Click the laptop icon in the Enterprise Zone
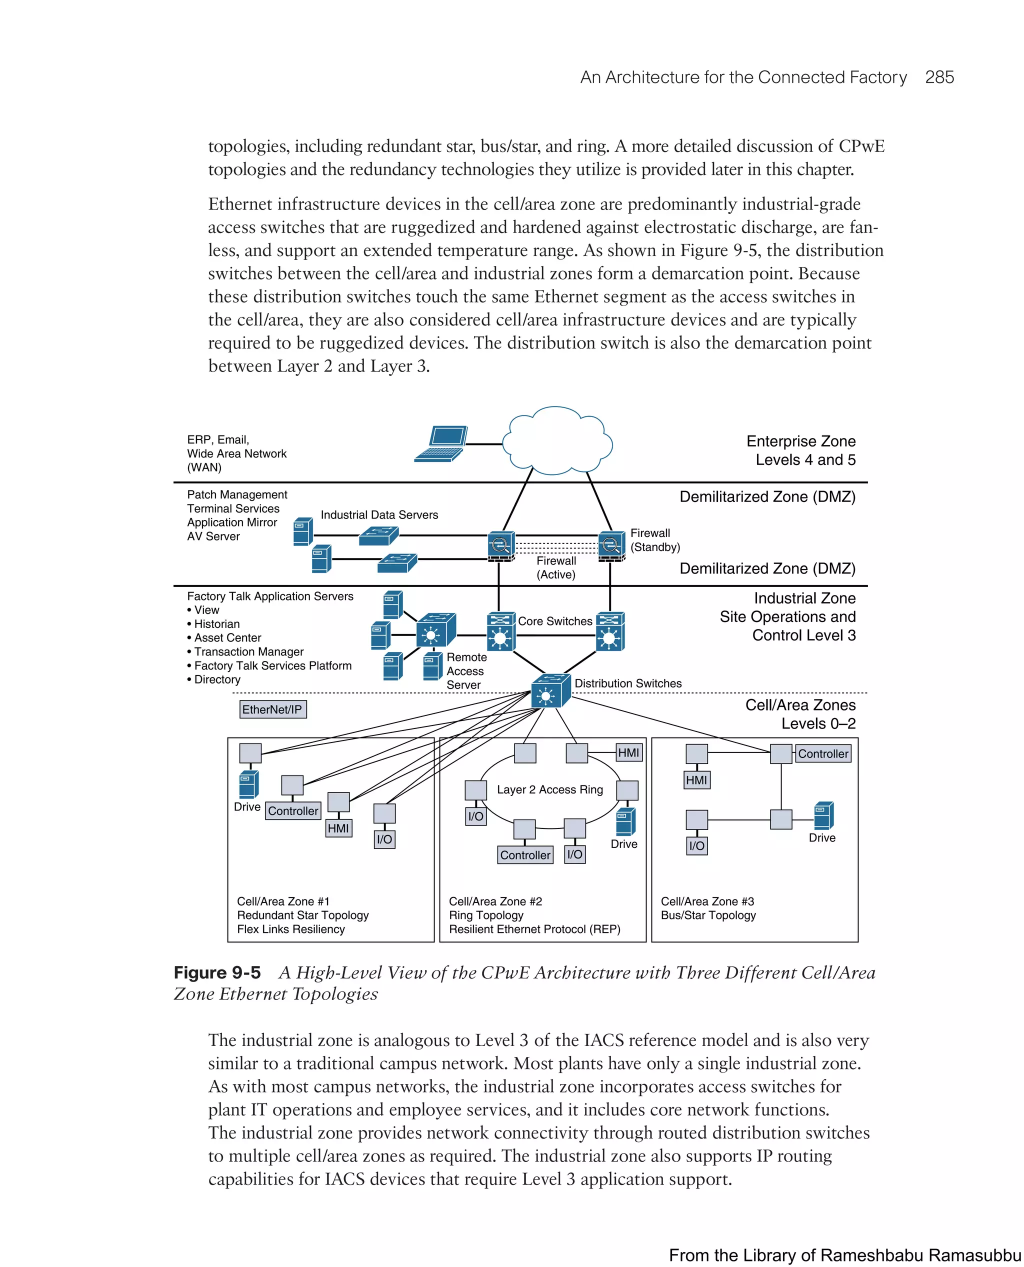[x=441, y=443]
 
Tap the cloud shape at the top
[x=557, y=441]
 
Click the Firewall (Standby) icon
[x=611, y=545]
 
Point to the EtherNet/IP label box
[x=272, y=709]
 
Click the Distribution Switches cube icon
[x=550, y=690]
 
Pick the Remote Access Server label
[x=466, y=671]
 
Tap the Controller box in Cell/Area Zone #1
[x=292, y=811]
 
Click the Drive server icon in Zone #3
[x=823, y=816]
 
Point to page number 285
[x=939, y=77]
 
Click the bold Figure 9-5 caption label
[x=217, y=972]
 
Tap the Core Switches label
[x=554, y=621]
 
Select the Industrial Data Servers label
[x=379, y=515]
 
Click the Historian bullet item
[x=216, y=624]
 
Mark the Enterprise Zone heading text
[x=800, y=441]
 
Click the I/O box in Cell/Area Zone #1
[x=384, y=839]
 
